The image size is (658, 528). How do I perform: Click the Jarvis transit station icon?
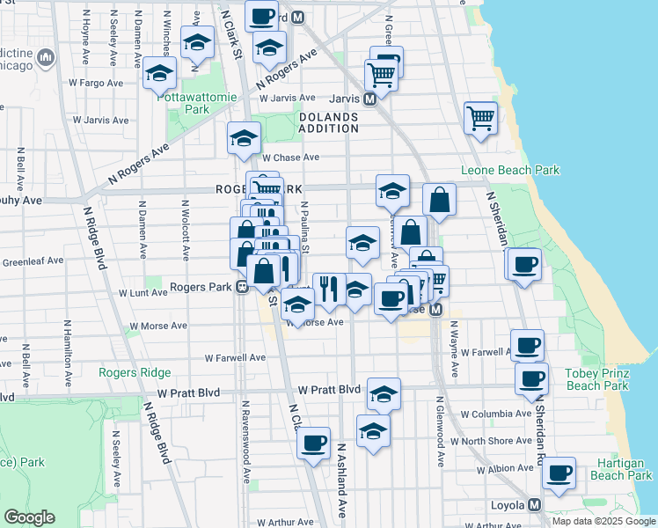(x=371, y=99)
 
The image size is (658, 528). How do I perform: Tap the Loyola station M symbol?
(x=534, y=505)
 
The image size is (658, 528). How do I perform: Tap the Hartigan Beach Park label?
(x=621, y=468)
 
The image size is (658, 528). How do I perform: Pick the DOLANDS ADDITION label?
(x=329, y=122)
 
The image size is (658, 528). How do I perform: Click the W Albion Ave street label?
(x=505, y=471)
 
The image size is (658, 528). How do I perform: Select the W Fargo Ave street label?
(x=96, y=83)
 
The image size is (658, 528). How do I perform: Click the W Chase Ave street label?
(x=290, y=158)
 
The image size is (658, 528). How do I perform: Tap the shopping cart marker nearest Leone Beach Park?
(x=480, y=117)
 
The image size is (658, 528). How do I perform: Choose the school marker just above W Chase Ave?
(x=245, y=137)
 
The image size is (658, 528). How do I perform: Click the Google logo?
(x=29, y=517)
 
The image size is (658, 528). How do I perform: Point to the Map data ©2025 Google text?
(x=603, y=521)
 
